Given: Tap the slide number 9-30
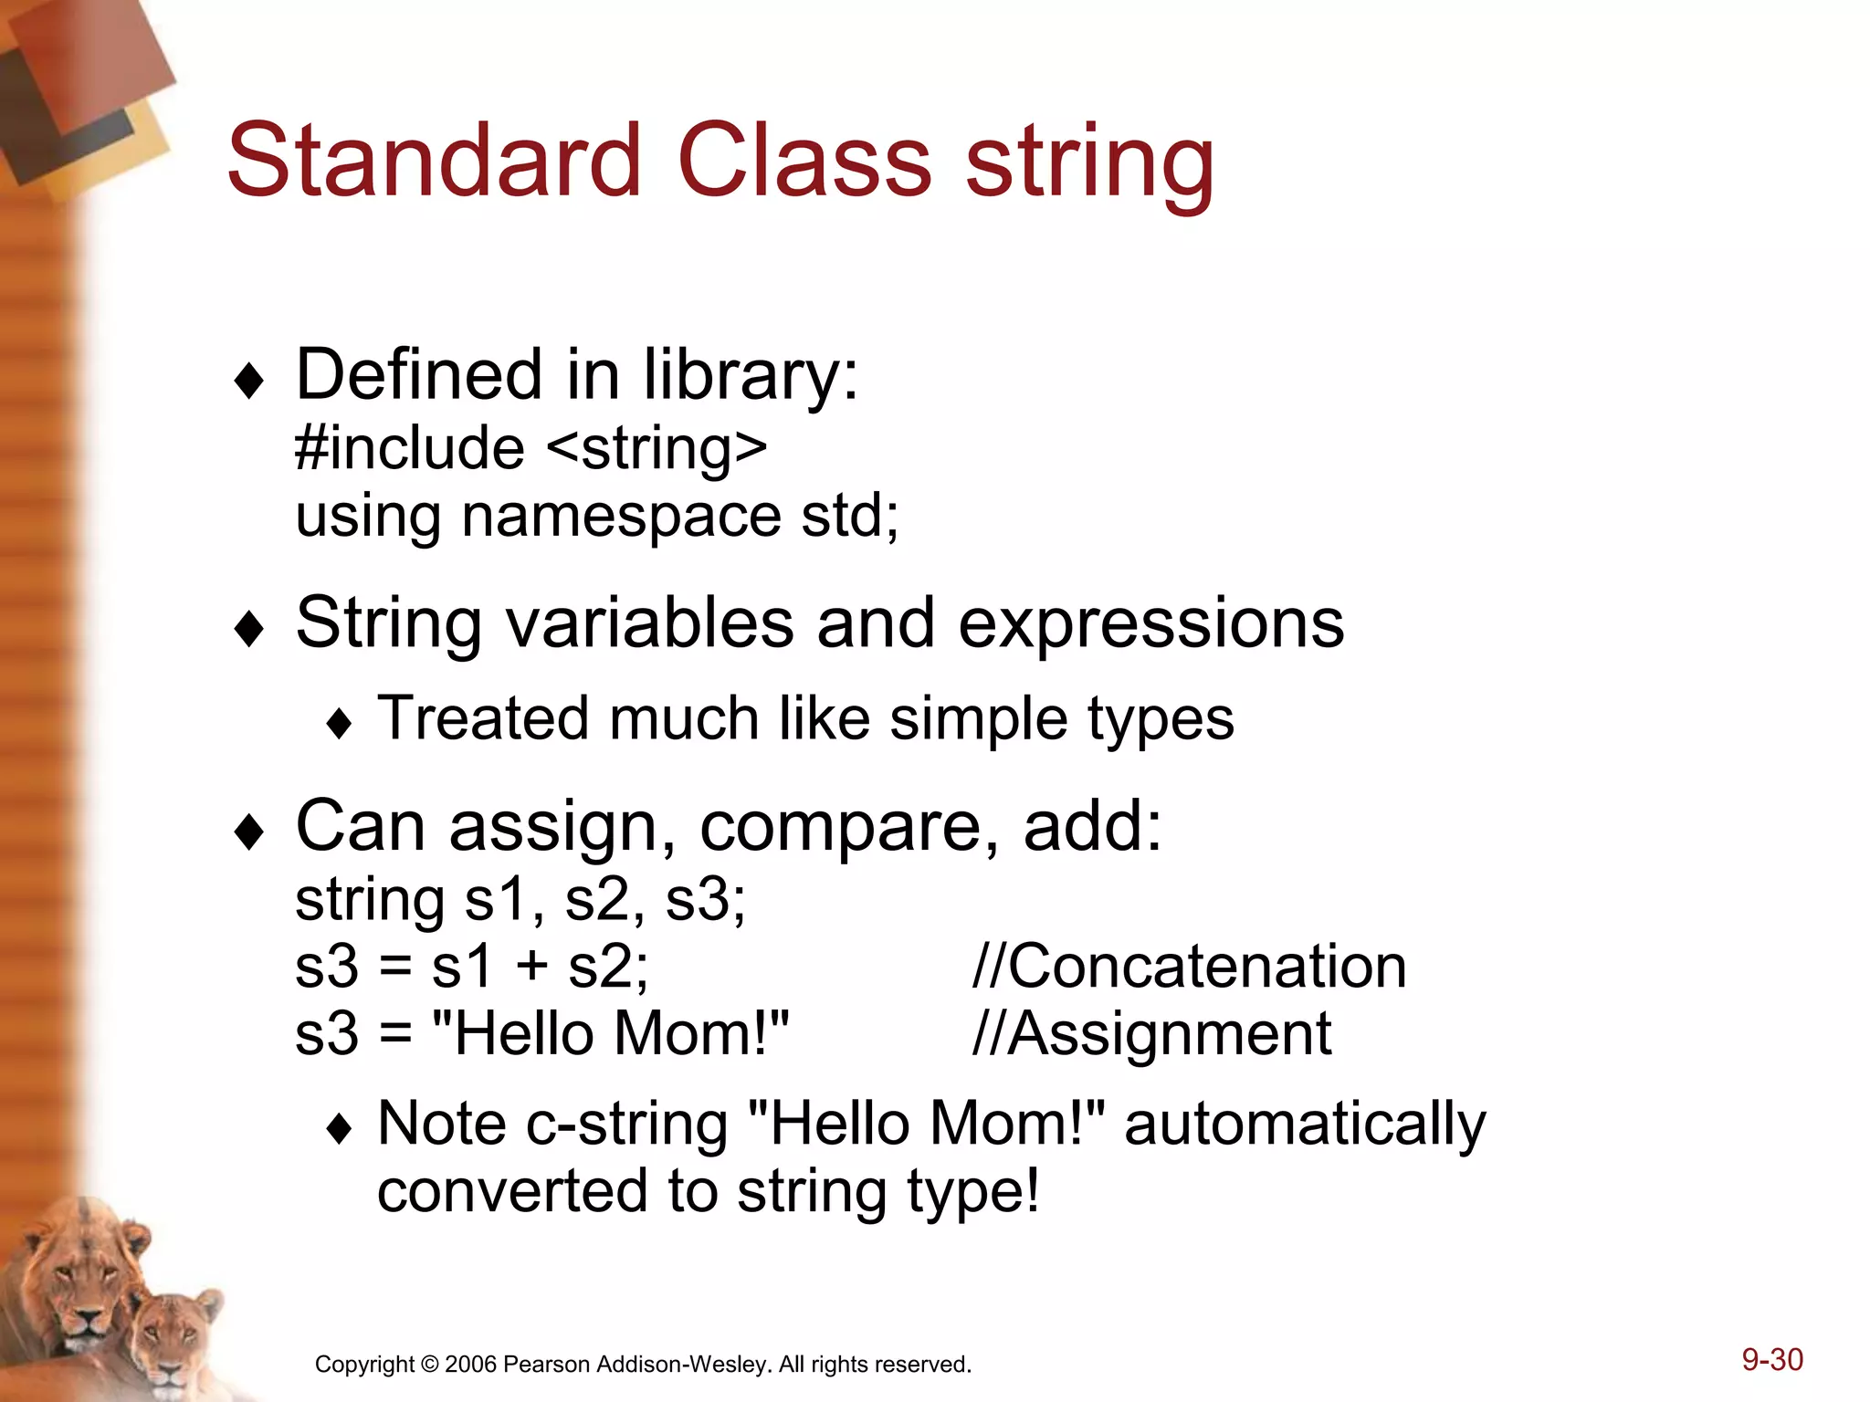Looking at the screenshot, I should pyautogui.click(x=1771, y=1359).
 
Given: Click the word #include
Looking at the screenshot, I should pyautogui.click(x=410, y=448).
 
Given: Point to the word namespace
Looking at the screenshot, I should pyautogui.click(x=621, y=517).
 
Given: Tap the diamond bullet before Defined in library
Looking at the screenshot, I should pyautogui.click(x=248, y=381).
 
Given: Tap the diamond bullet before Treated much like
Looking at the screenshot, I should pyautogui.click(x=339, y=724).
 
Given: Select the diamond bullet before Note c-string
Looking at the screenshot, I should pyautogui.click(x=339, y=1129).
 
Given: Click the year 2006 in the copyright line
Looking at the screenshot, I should pyautogui.click(x=471, y=1365).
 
